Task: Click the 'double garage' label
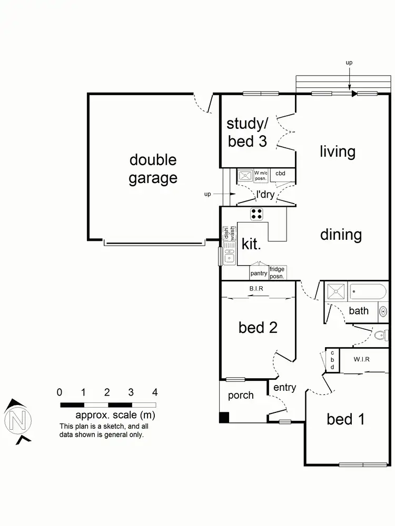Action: tap(153, 169)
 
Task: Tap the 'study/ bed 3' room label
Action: tap(248, 132)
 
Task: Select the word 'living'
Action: tap(338, 151)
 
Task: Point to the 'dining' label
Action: tap(341, 235)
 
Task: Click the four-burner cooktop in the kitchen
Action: tap(256, 214)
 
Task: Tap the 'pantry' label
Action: tap(259, 273)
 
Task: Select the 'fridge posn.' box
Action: tap(277, 272)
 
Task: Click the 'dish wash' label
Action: tap(229, 233)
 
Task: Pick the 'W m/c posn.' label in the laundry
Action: tap(261, 175)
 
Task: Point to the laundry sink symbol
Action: tap(245, 176)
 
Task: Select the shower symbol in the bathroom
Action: tap(334, 291)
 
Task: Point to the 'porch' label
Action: tap(241, 395)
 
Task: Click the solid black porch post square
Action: tap(224, 418)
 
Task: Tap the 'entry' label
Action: tap(284, 388)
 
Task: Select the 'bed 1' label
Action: tap(346, 419)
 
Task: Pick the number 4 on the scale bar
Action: tap(154, 392)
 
